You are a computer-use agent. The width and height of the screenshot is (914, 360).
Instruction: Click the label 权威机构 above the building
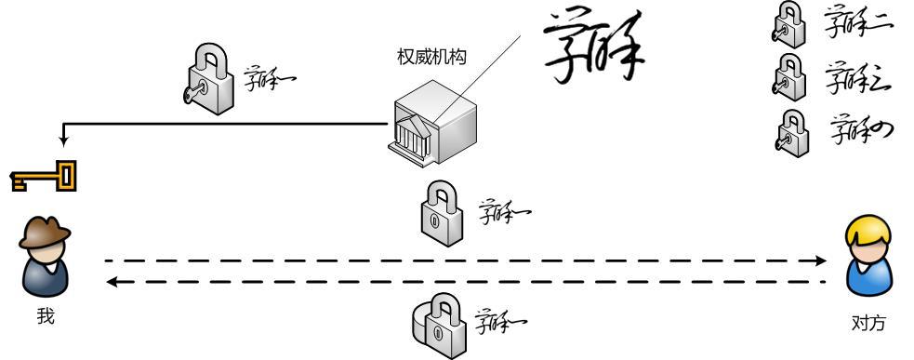[432, 57]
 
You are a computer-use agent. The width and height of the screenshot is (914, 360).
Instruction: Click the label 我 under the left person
[46, 317]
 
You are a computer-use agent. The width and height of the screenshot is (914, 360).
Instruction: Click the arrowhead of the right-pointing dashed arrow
[820, 261]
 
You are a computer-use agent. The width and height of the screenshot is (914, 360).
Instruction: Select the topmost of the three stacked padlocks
[787, 25]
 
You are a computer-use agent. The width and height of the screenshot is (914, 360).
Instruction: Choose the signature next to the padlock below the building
[503, 213]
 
